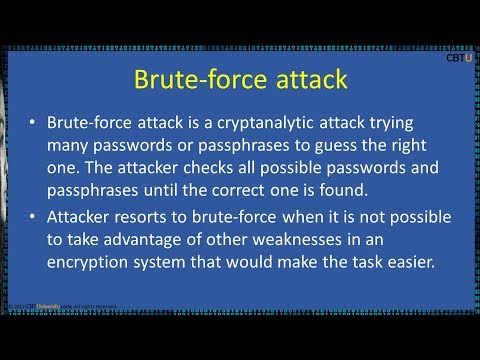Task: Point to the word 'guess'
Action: point(347,144)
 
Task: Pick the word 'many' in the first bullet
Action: point(70,144)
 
